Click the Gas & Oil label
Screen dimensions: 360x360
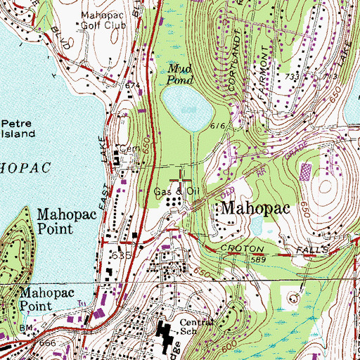coord(174,191)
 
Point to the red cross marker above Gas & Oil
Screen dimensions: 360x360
coord(182,176)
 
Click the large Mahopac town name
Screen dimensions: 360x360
coord(257,208)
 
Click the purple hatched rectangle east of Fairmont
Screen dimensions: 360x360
coord(306,172)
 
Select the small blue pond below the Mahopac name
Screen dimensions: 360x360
coord(257,226)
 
